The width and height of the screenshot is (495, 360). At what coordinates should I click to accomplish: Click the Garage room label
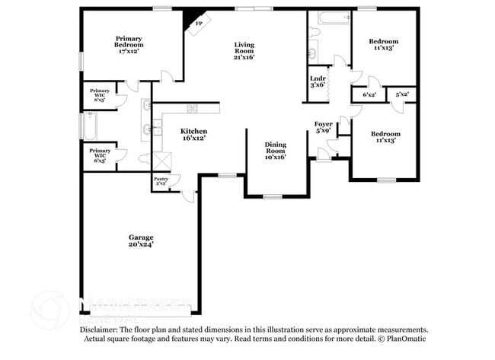140,237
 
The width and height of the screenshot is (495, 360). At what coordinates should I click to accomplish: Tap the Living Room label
244,50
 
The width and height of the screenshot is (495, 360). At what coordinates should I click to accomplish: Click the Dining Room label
275,150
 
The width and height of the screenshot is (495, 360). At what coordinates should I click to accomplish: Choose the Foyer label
323,126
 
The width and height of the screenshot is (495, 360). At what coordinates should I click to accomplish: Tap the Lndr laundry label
318,81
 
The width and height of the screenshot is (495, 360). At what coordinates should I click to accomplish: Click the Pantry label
161,181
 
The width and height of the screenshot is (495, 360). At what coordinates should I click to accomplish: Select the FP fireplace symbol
200,24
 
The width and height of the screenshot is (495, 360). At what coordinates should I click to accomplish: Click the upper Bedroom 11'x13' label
384,43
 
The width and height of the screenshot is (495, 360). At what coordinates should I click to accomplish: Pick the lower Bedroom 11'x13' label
385,137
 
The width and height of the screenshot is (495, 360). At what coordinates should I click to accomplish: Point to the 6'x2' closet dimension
369,94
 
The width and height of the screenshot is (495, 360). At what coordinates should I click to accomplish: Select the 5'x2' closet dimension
402,94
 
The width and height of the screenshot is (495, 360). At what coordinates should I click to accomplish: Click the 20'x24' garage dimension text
140,245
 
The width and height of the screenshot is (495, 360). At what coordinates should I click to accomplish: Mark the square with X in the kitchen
162,161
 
